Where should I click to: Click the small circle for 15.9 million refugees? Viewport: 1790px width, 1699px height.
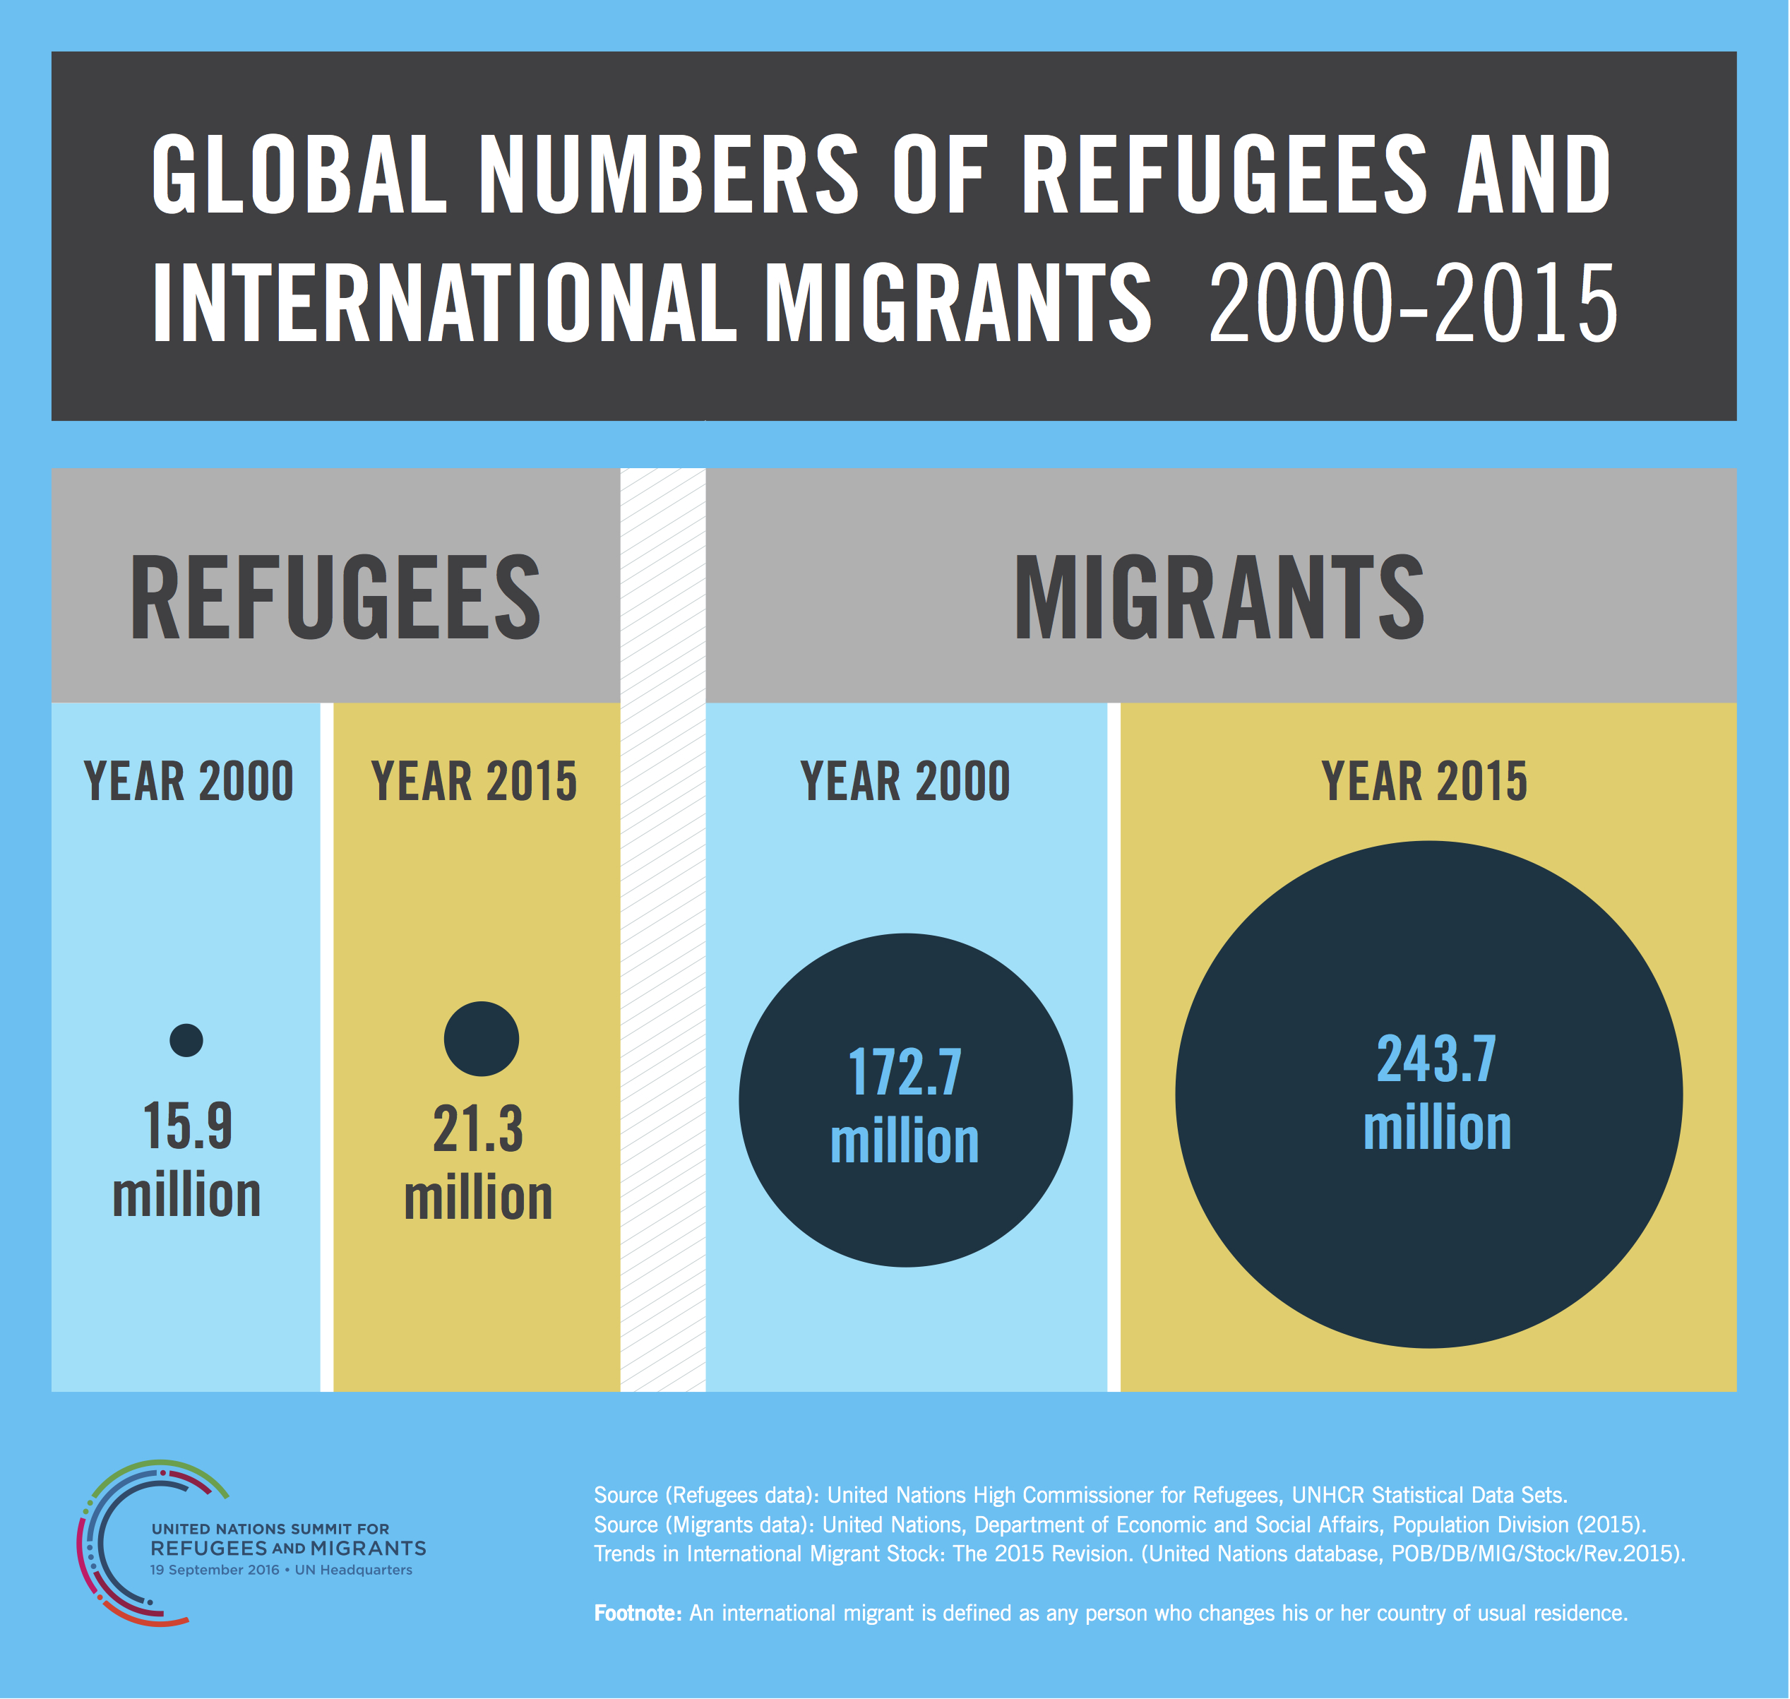[186, 1039]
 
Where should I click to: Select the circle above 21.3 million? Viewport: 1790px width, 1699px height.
[481, 1039]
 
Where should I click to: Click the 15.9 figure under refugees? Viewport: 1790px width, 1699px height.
[187, 1126]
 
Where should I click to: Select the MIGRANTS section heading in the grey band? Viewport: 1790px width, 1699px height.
[1219, 597]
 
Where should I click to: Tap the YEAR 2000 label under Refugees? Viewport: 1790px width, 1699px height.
[189, 781]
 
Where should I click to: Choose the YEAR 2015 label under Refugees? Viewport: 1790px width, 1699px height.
[474, 781]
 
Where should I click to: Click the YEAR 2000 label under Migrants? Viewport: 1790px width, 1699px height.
[905, 781]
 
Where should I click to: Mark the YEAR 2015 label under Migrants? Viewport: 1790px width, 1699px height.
[1424, 781]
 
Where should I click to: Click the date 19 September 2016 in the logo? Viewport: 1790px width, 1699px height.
[215, 1570]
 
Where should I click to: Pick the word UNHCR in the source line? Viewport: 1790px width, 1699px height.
[1327, 1494]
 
